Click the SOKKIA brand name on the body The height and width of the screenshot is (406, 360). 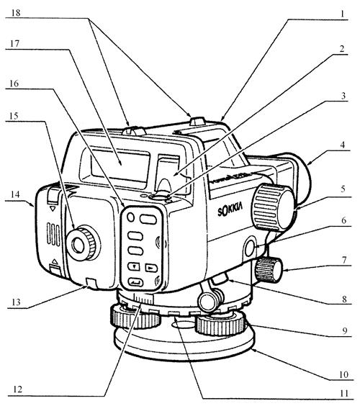coord(230,209)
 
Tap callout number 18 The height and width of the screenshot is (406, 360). coord(16,12)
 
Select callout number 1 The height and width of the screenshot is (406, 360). coord(342,14)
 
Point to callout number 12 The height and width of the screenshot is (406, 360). coord(17,389)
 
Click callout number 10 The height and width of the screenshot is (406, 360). coord(343,374)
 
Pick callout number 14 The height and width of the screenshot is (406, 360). coord(15,194)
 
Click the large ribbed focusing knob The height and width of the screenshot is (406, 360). coord(273,207)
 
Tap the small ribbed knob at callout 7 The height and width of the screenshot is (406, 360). coord(269,270)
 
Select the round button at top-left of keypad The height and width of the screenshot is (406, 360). coord(131,217)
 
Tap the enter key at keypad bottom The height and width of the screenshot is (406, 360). coord(135,281)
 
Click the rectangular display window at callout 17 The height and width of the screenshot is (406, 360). coord(120,164)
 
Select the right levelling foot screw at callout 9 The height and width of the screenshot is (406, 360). coord(220,323)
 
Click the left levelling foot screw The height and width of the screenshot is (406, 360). coord(135,317)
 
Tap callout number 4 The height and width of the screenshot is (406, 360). coord(342,145)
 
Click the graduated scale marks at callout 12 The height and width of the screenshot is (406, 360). coord(143,299)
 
